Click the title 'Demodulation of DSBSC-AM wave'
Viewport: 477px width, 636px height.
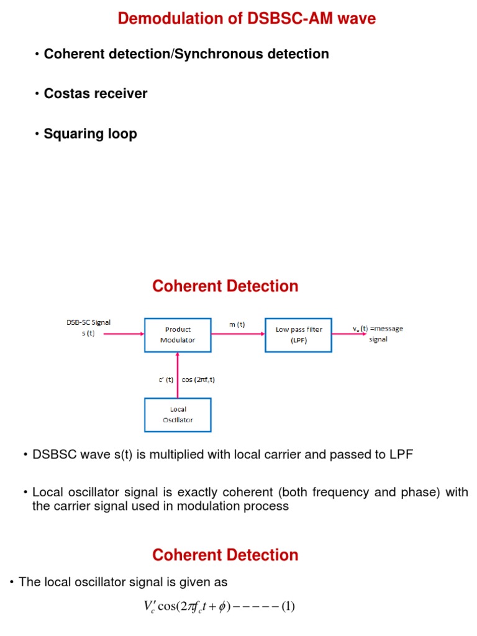[247, 19]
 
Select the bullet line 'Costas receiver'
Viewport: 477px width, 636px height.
[95, 94]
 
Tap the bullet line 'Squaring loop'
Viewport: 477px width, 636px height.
[90, 134]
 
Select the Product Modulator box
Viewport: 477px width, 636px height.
[178, 334]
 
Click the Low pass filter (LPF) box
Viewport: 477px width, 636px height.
[299, 334]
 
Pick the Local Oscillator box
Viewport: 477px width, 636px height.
[178, 415]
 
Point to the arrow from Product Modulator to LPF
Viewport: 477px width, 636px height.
[238, 334]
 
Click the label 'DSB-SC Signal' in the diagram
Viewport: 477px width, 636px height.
[88, 322]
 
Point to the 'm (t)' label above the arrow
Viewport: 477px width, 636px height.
[237, 324]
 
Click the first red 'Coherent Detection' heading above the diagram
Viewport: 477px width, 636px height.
[225, 286]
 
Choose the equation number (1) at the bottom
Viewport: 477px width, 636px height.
[288, 606]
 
